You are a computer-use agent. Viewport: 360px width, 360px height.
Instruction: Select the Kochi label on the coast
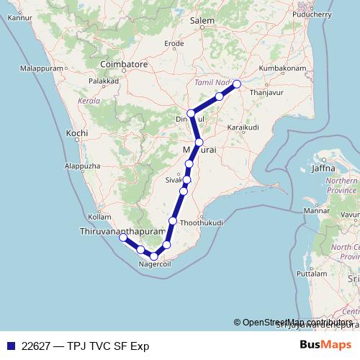tap(76, 134)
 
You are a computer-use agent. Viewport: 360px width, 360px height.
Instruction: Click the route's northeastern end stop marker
tap(236, 84)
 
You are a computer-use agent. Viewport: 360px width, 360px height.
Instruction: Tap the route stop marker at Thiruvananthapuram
tap(123, 237)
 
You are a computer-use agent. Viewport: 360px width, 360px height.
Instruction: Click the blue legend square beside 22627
tap(9, 346)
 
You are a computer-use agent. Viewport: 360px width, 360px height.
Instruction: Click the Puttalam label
tap(310, 275)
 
